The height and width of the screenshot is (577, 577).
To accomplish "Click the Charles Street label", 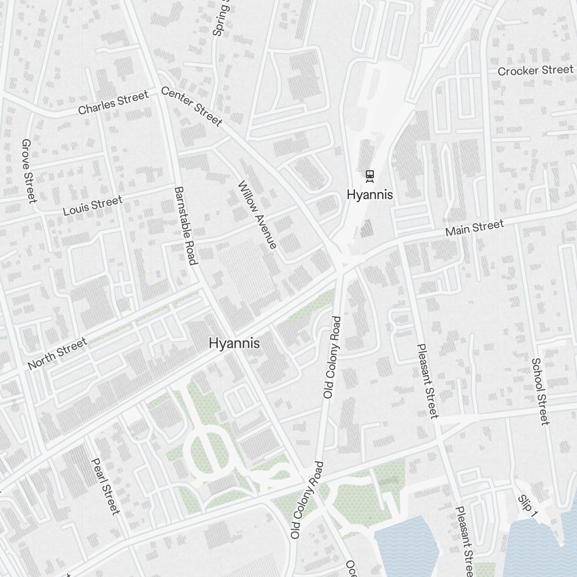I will point(113,102).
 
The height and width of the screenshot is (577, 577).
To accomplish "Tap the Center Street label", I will point(191,106).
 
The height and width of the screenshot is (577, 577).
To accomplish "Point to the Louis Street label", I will point(92,205).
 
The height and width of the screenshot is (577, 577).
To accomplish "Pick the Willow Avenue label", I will point(257,215).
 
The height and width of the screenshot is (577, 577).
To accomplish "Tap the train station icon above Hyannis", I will point(370,175).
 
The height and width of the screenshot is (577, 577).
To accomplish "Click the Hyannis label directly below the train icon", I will point(370,195).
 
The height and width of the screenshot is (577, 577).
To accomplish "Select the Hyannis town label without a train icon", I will point(234,343).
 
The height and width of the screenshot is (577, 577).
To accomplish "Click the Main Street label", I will point(475,228).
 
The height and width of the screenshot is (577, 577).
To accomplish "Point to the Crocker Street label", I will point(535,70).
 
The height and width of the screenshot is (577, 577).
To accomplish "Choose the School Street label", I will point(539,391).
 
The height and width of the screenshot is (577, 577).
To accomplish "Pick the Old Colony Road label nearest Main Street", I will point(332,357).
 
